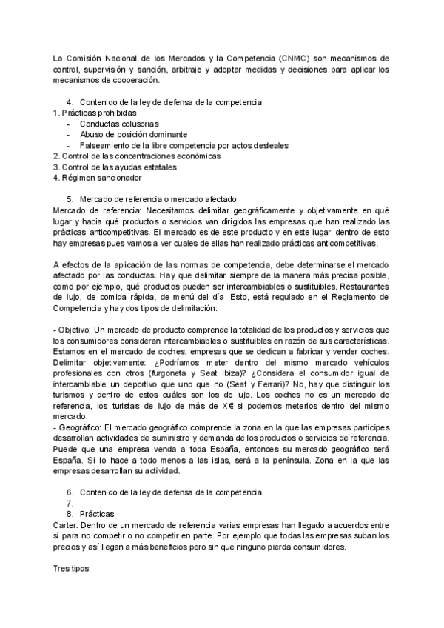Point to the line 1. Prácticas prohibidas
[x=95, y=113]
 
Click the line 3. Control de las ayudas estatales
[x=115, y=167]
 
